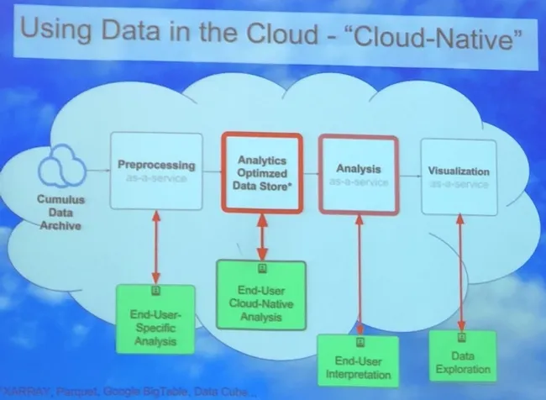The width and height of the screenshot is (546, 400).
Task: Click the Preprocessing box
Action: (160, 172)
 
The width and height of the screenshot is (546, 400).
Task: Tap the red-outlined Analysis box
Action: (359, 174)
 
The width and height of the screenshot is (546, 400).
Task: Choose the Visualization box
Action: (459, 175)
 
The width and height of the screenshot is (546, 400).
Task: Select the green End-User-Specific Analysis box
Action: (155, 318)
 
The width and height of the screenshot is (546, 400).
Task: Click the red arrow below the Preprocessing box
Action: (155, 247)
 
